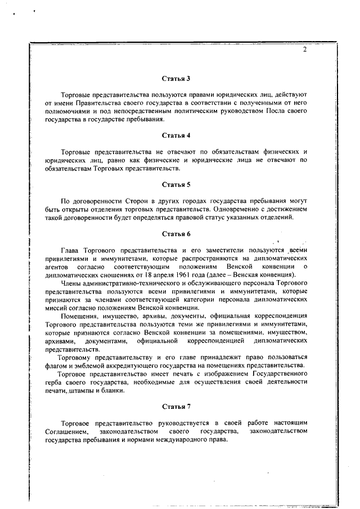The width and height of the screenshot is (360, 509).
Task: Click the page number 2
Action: click(x=304, y=49)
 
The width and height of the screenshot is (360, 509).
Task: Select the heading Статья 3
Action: click(x=176, y=78)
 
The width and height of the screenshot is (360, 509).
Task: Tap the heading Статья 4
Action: click(x=176, y=136)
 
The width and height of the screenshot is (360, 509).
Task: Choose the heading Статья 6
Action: click(x=176, y=233)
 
